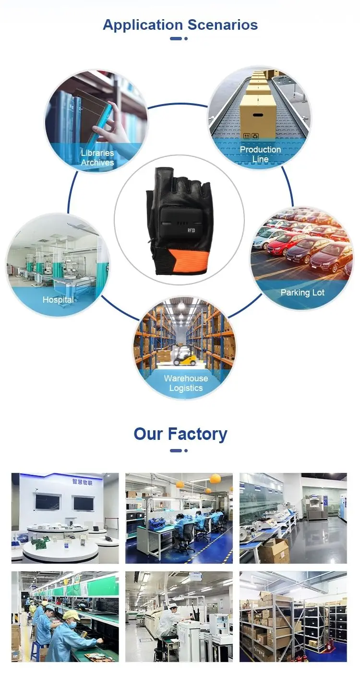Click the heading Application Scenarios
180,25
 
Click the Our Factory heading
180,434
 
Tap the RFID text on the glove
191,230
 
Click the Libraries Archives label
97,158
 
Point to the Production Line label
260,154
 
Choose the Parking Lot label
302,293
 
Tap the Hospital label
58,300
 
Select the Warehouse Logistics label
186,383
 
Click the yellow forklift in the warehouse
184,355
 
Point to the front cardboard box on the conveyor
258,115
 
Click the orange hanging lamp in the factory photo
215,478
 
